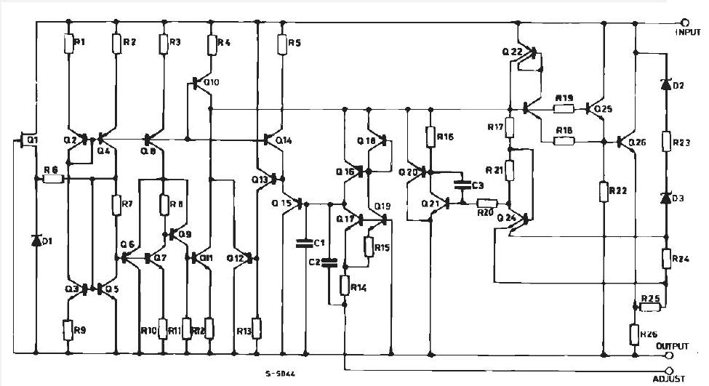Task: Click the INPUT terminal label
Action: click(x=689, y=33)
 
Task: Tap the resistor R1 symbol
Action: click(x=68, y=44)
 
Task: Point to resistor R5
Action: click(x=282, y=44)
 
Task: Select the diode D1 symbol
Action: click(x=36, y=240)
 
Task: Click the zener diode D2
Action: click(x=665, y=84)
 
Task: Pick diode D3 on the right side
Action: click(x=665, y=198)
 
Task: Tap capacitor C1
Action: click(x=306, y=241)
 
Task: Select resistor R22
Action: click(x=604, y=191)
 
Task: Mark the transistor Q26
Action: click(x=624, y=142)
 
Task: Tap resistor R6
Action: click(x=55, y=177)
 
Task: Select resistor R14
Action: click(x=345, y=286)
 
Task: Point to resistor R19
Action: click(x=564, y=109)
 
